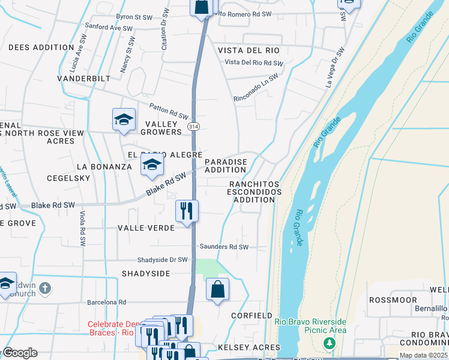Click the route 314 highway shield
(x=193, y=127)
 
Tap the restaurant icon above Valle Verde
(x=187, y=211)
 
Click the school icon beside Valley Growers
(x=124, y=119)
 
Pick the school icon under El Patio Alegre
(x=152, y=164)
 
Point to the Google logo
(x=19, y=353)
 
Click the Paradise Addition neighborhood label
(x=226, y=166)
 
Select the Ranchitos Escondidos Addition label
(x=254, y=191)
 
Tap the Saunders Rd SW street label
(x=224, y=247)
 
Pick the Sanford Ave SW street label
(x=109, y=28)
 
